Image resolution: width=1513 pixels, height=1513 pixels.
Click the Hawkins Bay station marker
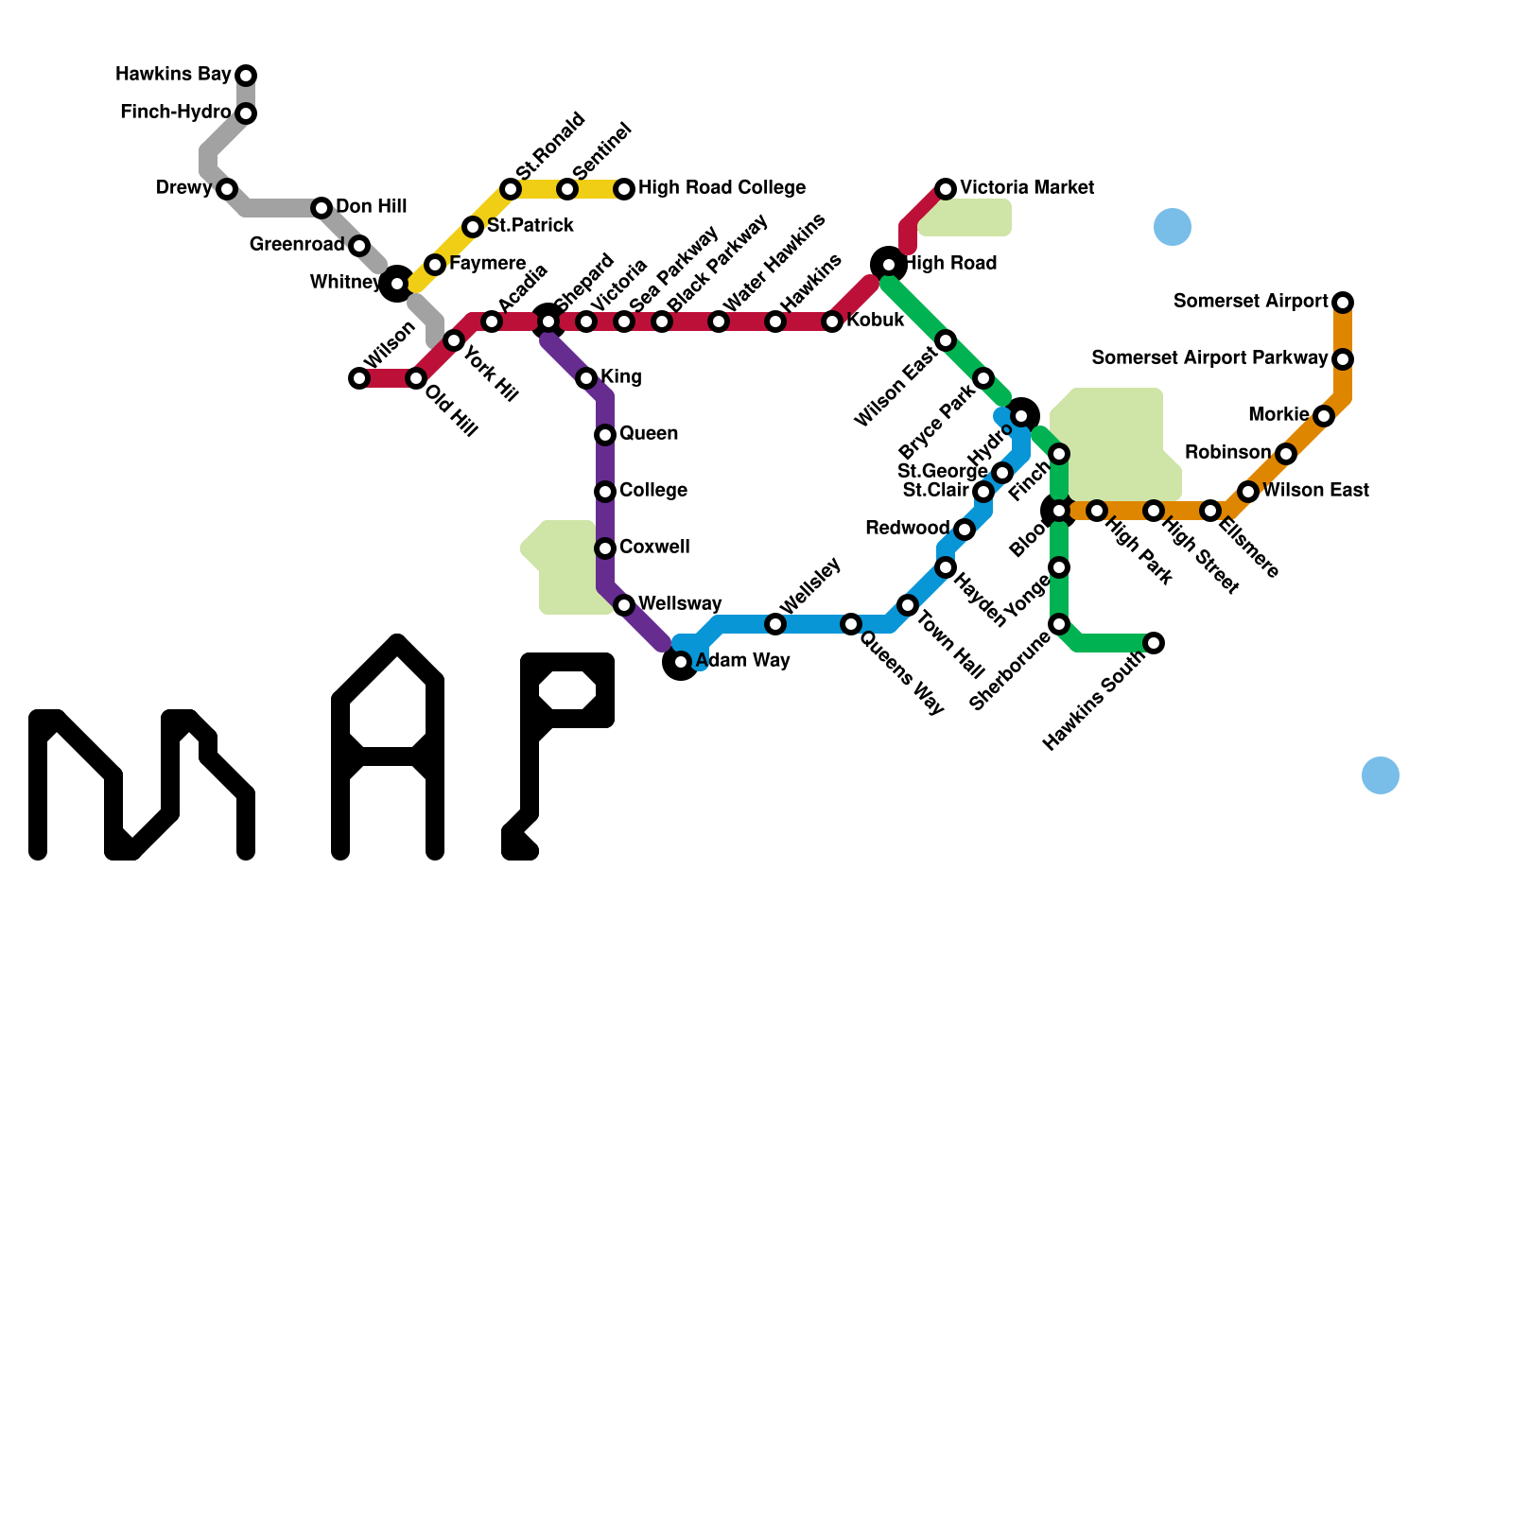click(x=246, y=75)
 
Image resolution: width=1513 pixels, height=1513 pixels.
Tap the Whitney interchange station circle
click(x=397, y=284)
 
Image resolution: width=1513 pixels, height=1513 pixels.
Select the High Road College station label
click(x=722, y=188)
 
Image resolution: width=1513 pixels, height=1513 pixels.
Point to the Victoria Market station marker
click(x=946, y=189)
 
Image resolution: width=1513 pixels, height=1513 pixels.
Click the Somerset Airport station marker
click(x=1343, y=303)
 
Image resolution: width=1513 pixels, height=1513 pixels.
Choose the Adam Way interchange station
click(x=681, y=662)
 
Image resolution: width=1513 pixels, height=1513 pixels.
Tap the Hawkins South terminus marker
click(x=1154, y=643)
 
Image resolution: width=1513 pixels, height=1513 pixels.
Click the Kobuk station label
click(x=875, y=321)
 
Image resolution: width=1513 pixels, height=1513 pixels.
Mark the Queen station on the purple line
click(x=605, y=435)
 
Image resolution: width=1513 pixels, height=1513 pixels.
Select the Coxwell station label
click(x=654, y=548)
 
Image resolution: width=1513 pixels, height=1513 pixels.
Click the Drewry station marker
click(x=227, y=189)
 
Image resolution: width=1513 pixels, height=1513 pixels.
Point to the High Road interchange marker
click(x=889, y=264)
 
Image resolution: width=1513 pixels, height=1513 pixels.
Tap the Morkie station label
click(x=1278, y=415)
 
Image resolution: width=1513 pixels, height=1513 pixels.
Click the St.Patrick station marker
click(x=473, y=227)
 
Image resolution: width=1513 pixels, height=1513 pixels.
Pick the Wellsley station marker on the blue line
click(x=775, y=624)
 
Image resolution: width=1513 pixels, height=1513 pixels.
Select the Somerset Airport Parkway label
click(x=1209, y=358)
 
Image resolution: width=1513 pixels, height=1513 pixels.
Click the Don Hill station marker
click(x=322, y=208)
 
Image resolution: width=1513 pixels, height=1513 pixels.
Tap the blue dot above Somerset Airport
click(x=1173, y=227)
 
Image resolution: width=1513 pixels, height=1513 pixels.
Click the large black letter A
click(x=388, y=747)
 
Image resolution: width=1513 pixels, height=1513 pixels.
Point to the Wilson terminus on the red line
click(x=359, y=378)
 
